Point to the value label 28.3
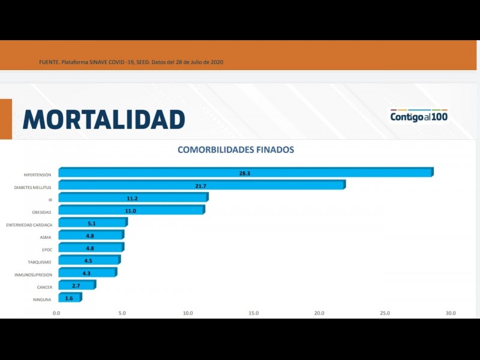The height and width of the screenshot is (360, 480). click(x=244, y=173)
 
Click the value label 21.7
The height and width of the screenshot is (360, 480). click(x=200, y=186)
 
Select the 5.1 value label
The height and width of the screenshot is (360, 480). click(x=92, y=223)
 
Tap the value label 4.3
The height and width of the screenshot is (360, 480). click(x=87, y=273)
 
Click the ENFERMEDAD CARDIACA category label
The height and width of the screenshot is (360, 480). click(x=29, y=225)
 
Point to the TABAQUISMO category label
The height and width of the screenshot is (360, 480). click(x=40, y=262)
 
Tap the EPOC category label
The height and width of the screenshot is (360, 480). click(x=47, y=250)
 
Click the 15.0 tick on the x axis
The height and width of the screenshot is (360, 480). click(x=253, y=313)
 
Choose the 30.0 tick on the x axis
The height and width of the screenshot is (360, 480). click(x=450, y=313)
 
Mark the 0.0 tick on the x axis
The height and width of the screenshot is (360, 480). click(x=56, y=313)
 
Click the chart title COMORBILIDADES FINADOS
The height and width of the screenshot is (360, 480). click(x=236, y=149)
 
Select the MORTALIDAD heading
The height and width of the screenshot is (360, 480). click(x=104, y=119)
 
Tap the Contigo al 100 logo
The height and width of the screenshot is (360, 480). click(x=419, y=116)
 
